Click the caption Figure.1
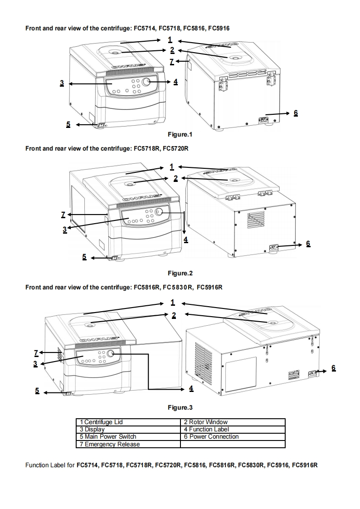coord(180,134)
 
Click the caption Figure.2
coord(180,273)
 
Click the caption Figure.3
coord(180,407)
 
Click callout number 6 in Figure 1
coord(296,113)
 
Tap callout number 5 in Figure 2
coord(84,257)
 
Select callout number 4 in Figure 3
coord(191,388)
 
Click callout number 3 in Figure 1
coord(62,83)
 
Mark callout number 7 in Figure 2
coord(63,214)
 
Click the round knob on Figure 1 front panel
coord(146,82)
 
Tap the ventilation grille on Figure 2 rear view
coord(255,220)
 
